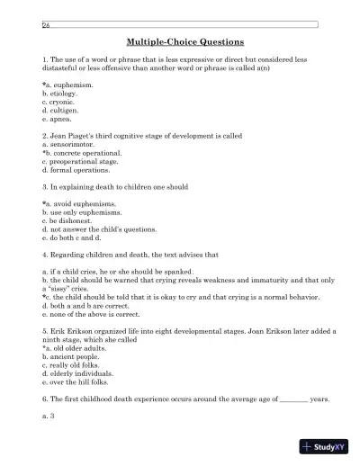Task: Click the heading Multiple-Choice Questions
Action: click(179, 42)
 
